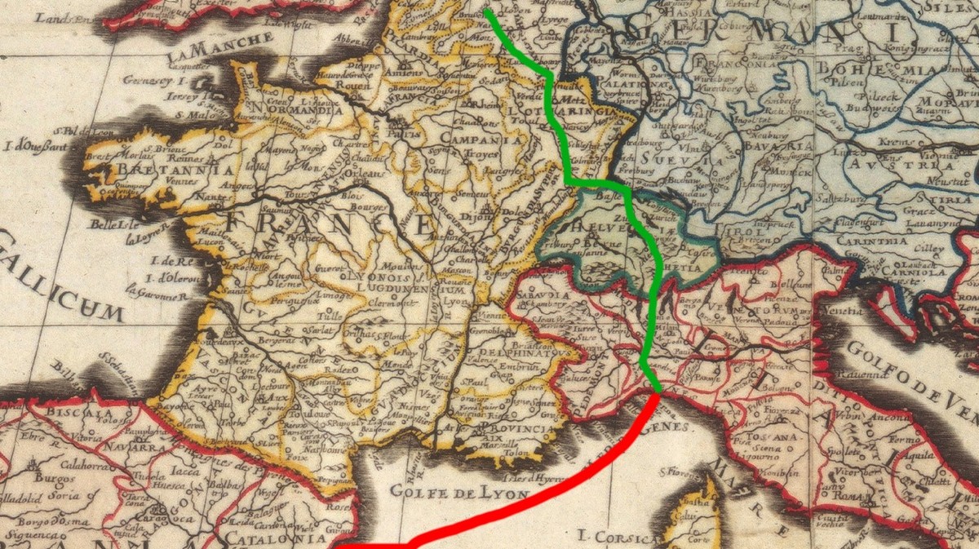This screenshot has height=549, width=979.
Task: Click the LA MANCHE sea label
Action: pyautogui.click(x=220, y=48)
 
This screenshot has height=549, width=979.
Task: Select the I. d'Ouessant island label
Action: pyautogui.click(x=34, y=148)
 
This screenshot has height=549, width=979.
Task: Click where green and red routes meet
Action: pyautogui.click(x=656, y=394)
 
